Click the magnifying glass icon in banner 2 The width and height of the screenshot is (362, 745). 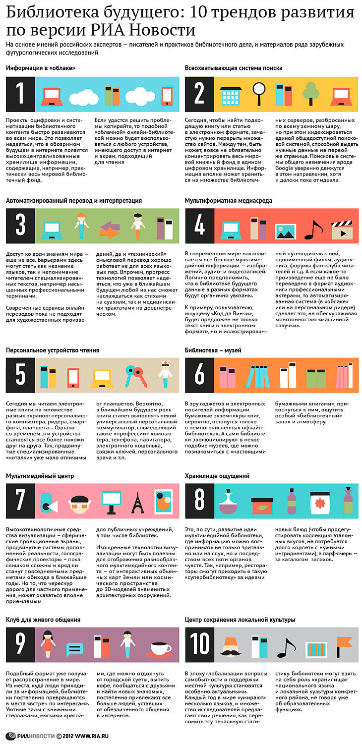pyautogui.click(x=259, y=94)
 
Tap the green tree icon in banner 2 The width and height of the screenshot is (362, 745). pyautogui.click(x=311, y=94)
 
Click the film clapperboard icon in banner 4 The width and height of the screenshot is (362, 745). pyautogui.click(x=342, y=229)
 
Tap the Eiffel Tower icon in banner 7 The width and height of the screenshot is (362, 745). pyautogui.click(x=138, y=502)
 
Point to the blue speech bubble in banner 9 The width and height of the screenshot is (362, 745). pyautogui.click(x=74, y=649)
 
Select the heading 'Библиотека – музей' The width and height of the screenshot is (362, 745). pyautogui.click(x=213, y=350)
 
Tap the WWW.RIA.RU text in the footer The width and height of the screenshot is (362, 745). pyautogui.click(x=92, y=737)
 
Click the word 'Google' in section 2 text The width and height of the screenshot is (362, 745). pyautogui.click(x=284, y=168)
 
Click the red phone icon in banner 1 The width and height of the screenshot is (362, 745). pyautogui.click(x=167, y=96)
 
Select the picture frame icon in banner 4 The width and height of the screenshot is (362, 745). pyautogui.click(x=285, y=231)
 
